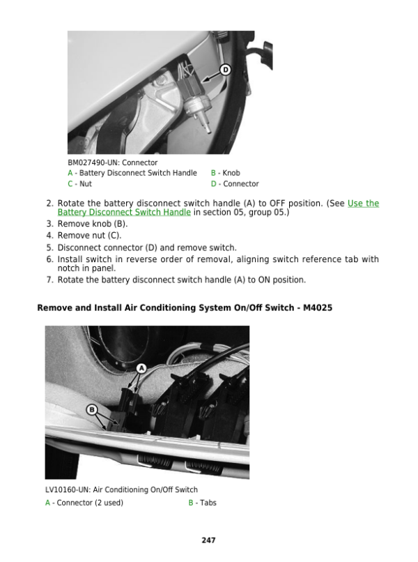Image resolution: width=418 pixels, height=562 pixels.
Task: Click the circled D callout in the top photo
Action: point(225,70)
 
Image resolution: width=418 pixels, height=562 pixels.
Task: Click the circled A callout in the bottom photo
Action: point(142,368)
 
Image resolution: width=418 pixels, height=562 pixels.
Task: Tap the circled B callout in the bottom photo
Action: point(92,410)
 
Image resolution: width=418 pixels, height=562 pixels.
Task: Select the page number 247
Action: point(208,540)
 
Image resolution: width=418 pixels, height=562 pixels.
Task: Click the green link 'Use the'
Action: point(363,203)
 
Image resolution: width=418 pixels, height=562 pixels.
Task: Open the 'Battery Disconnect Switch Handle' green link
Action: point(124,212)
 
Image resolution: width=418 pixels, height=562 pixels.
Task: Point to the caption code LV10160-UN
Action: point(68,489)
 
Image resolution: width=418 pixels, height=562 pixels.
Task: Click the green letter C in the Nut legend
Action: point(70,184)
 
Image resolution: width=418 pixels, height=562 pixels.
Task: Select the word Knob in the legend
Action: point(231,173)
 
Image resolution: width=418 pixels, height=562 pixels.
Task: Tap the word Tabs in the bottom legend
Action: point(208,503)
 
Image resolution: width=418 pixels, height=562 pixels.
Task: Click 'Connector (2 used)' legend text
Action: point(90,503)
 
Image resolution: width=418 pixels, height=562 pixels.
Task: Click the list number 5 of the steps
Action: point(49,248)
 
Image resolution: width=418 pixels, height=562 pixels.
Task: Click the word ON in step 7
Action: point(264,280)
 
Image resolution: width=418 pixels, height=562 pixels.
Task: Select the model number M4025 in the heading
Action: point(318,308)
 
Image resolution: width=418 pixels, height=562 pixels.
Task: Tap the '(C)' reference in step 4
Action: point(115,236)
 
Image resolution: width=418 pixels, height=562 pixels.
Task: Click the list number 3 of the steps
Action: point(49,224)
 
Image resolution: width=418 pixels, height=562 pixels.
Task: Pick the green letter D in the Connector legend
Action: point(213,184)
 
